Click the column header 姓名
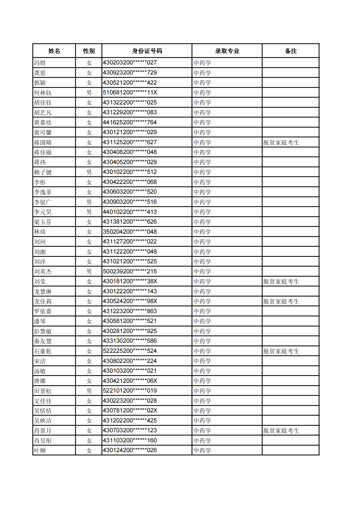point(54,51)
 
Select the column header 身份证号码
point(147,51)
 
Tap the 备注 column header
point(290,51)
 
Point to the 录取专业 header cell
point(227,51)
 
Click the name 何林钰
point(43,93)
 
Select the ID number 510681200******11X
point(130,93)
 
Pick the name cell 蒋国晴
point(43,143)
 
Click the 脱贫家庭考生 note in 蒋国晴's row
point(281,143)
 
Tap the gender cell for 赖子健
point(89,172)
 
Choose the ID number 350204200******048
point(130,232)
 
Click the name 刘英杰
point(43,272)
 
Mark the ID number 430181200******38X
point(130,281)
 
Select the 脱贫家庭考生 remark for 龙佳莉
point(281,301)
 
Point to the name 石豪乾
point(43,351)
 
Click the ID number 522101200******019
point(130,391)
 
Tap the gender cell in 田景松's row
point(89,391)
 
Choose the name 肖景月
point(43,431)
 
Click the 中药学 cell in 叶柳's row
point(202,450)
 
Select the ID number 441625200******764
point(130,122)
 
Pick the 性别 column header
point(89,51)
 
